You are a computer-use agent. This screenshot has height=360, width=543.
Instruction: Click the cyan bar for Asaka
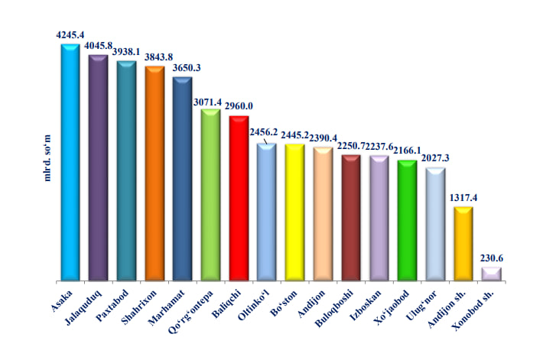(x=70, y=164)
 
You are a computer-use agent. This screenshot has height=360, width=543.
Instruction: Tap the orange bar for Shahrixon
(x=154, y=175)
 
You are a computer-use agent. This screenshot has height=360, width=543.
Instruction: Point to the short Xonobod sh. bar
(x=491, y=274)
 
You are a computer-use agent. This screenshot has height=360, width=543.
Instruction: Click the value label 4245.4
(x=70, y=34)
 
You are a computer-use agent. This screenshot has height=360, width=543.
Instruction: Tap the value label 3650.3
(x=182, y=68)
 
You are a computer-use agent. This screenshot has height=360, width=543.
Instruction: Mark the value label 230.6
(x=491, y=258)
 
